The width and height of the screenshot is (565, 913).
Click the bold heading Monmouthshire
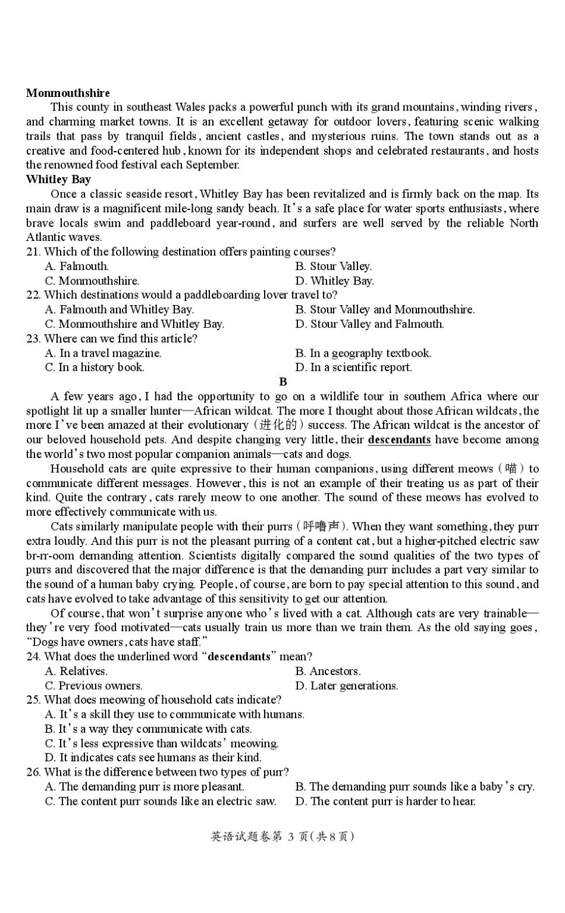point(68,93)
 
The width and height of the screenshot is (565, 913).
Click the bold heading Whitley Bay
point(58,179)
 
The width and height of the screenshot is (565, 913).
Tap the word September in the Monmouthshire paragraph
point(212,165)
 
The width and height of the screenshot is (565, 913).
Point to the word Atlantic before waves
point(46,237)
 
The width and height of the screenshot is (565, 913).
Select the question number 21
point(33,252)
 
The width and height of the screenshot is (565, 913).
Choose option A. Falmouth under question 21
point(77,266)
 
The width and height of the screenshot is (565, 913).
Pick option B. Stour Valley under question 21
point(333,266)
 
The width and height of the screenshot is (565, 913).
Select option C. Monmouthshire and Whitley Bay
point(134,324)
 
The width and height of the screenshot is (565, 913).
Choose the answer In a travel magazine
point(103,353)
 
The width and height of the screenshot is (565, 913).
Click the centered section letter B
point(282,382)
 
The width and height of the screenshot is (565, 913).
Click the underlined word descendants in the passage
point(399,440)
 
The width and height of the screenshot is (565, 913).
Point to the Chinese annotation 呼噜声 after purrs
point(321,526)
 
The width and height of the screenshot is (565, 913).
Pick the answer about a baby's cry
point(415,786)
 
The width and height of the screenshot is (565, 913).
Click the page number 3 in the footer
point(291,836)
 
